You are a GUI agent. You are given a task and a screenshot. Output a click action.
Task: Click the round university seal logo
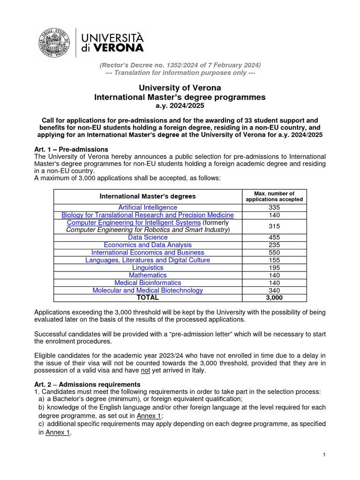click(x=55, y=42)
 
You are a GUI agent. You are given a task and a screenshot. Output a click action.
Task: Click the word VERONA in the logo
click(x=119, y=47)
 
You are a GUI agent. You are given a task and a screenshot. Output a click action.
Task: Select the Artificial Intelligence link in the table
click(x=148, y=207)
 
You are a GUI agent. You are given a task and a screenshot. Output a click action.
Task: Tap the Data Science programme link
click(x=148, y=237)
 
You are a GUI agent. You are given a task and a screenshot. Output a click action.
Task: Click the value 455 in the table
click(x=274, y=237)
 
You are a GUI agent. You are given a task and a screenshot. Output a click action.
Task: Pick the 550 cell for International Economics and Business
click(x=274, y=253)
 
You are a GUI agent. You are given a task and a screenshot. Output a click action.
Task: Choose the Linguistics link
click(x=148, y=268)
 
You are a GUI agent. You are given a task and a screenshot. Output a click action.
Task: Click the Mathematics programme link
click(x=148, y=275)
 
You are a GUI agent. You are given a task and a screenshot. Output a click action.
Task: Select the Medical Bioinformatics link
click(x=148, y=283)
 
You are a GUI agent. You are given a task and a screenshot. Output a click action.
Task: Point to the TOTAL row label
click(x=148, y=298)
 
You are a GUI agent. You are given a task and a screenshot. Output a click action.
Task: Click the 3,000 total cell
click(x=274, y=298)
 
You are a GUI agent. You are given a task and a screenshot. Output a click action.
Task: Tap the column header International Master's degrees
click(x=148, y=196)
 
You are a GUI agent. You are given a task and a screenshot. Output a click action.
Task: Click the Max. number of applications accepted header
click(x=274, y=196)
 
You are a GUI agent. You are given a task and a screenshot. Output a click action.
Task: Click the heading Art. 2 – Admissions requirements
click(x=88, y=384)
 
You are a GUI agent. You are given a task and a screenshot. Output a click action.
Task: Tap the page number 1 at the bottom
click(x=324, y=455)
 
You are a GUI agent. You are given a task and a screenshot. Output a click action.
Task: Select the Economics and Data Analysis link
click(x=148, y=245)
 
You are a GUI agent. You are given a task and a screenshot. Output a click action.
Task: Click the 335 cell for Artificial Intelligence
click(x=274, y=207)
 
